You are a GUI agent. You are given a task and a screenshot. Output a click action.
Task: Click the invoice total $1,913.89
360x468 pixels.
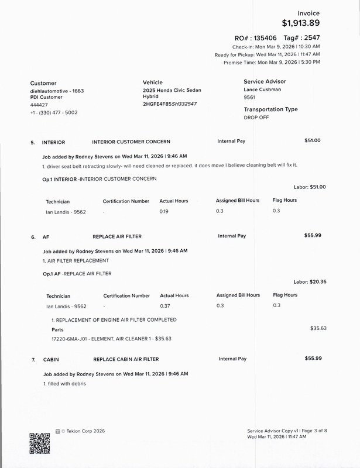[x=301, y=23]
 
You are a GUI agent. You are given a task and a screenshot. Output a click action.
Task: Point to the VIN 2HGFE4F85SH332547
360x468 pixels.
[x=170, y=104]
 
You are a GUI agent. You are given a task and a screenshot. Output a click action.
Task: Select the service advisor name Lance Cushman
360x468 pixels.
[x=262, y=90]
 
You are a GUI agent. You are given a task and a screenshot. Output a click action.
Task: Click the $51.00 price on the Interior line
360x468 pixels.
[x=313, y=140]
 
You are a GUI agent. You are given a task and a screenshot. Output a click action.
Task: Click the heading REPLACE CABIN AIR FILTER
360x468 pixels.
[x=126, y=359]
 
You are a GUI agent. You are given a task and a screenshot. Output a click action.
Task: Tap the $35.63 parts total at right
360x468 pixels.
[x=319, y=329]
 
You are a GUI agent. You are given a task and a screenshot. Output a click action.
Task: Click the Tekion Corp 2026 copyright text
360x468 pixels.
[x=83, y=431]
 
